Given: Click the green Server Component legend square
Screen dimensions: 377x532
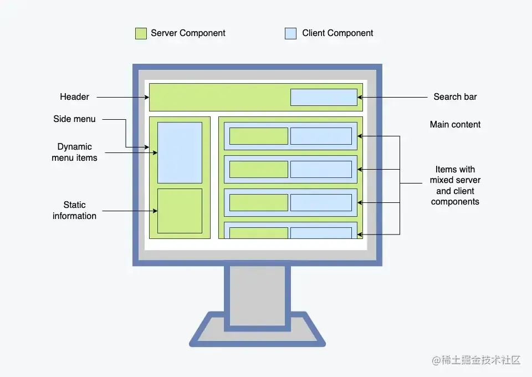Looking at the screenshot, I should tap(141, 33).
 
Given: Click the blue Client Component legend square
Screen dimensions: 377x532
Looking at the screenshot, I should tap(290, 33).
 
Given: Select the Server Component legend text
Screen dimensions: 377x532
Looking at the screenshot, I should tap(188, 33).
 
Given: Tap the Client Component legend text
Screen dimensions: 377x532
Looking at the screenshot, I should tap(337, 33).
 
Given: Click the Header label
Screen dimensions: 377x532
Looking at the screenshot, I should tap(74, 97).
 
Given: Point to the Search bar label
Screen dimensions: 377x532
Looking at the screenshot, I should tap(455, 97).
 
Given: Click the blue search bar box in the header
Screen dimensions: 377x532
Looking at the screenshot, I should tap(324, 97).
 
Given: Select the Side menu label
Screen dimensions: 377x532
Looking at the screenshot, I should tap(74, 119).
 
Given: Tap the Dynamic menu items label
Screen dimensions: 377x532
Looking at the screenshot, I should tap(74, 152).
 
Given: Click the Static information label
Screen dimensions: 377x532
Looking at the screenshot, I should tap(74, 211).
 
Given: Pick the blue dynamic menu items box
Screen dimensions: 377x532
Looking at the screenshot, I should tap(180, 152).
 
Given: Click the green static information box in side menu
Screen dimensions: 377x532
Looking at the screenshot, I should tap(180, 211).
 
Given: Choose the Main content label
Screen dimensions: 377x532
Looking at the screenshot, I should tap(455, 125).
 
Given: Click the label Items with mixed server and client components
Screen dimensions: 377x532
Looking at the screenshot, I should tap(455, 186).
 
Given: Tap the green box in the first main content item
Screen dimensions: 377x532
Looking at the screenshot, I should tap(258, 136).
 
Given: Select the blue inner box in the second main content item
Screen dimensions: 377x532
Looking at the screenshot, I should tap(321, 169).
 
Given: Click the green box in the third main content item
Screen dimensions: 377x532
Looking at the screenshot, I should tap(258, 202).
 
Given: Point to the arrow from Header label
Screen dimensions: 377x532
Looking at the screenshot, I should tap(122, 97).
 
